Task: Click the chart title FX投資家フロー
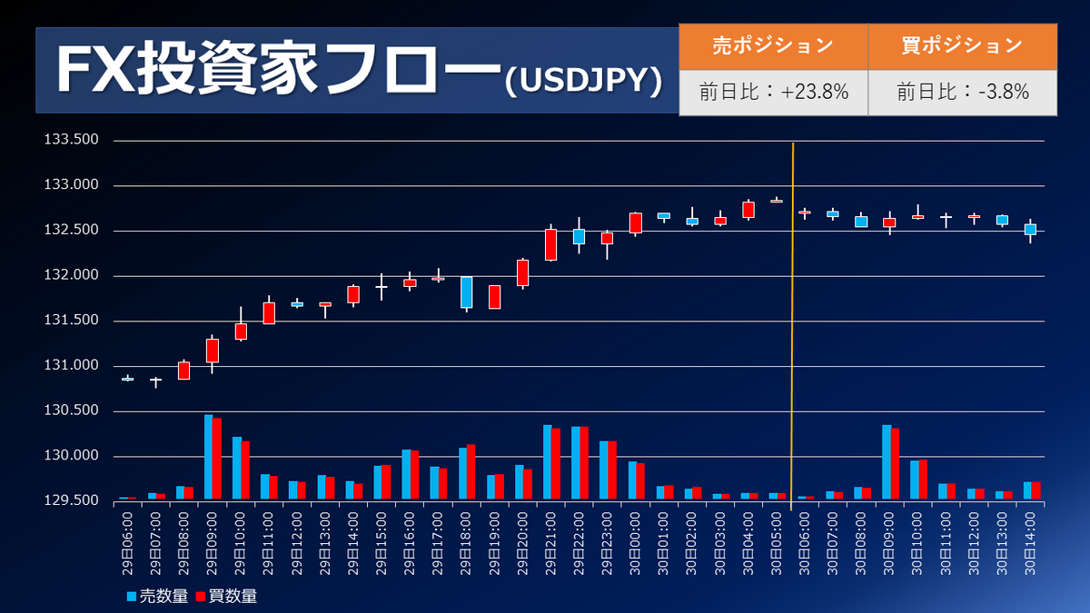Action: pos(277,71)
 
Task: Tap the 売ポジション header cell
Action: pos(773,45)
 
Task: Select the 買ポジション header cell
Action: pos(962,45)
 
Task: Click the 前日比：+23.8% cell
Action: pos(773,92)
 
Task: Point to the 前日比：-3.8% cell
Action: pos(962,92)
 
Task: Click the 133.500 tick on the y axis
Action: pos(71,140)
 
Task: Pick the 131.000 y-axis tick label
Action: pos(71,366)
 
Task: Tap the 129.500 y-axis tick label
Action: pos(71,501)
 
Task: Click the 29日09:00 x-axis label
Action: pos(213,543)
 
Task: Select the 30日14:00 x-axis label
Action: pos(1029,543)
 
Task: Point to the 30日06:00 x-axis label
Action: pos(803,543)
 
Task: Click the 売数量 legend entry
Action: pos(158,597)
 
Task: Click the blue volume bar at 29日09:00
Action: pos(208,457)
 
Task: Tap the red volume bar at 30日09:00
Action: pos(895,463)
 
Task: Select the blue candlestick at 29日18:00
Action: pos(466,292)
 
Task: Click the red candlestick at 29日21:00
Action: pos(550,245)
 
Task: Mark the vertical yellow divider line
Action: pos(793,318)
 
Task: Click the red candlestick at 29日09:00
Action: pos(213,351)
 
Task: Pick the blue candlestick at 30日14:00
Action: pos(1030,229)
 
